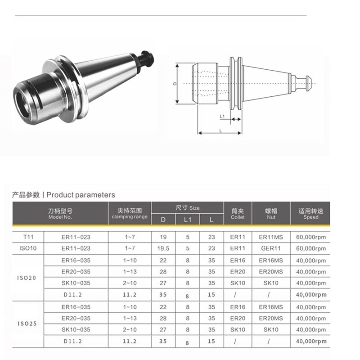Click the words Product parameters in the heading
pyautogui.click(x=81, y=195)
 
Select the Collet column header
pyautogui.click(x=238, y=213)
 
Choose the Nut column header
pyautogui.click(x=271, y=213)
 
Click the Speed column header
pyautogui.click(x=310, y=213)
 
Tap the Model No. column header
pyautogui.click(x=60, y=213)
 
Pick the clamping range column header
pyautogui.click(x=130, y=213)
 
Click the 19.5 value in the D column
pyautogui.click(x=163, y=248)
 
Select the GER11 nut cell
pyautogui.click(x=271, y=248)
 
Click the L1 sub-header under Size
pyautogui.click(x=188, y=220)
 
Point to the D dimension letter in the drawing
pyautogui.click(x=175, y=84)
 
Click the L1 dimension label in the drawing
pyautogui.click(x=222, y=116)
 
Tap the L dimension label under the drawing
pyautogui.click(x=220, y=130)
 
